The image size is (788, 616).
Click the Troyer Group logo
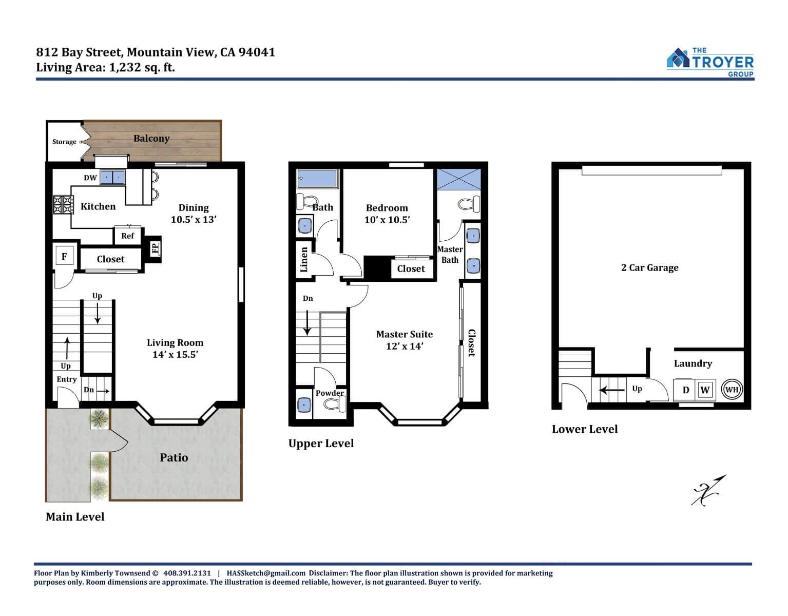[709, 62]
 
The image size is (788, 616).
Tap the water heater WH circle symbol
[731, 390]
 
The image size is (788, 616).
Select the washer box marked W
[705, 390]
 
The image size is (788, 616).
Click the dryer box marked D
[685, 390]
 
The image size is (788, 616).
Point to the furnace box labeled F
[65, 256]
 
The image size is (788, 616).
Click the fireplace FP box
[155, 248]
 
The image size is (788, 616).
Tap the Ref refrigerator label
[128, 236]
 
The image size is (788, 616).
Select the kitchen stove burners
[63, 204]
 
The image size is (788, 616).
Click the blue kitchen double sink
[112, 177]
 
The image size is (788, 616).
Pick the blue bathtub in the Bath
[318, 178]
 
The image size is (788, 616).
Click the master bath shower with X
[459, 179]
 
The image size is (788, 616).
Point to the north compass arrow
[708, 490]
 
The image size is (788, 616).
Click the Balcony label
[151, 139]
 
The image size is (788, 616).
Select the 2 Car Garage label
[649, 267]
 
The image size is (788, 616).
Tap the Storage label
[64, 142]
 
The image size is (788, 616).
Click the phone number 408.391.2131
[187, 573]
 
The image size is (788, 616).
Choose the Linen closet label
[304, 260]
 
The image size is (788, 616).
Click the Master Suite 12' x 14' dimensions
[405, 346]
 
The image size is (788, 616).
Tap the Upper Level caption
[321, 444]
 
